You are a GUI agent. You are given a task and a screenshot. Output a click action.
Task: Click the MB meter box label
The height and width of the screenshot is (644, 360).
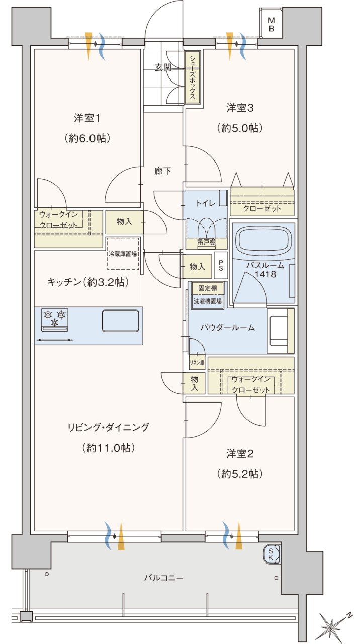[x=271, y=25]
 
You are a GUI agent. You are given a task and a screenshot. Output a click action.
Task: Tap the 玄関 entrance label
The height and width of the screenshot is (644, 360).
[x=163, y=68]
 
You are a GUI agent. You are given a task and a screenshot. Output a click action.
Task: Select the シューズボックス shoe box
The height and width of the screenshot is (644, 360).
[x=192, y=77]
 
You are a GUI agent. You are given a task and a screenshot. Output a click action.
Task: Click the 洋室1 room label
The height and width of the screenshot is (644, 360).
[x=87, y=118]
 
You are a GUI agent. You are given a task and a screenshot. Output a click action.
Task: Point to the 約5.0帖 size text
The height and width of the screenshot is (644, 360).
[x=240, y=128]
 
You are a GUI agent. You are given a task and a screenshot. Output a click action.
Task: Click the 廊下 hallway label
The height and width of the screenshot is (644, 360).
[x=163, y=171]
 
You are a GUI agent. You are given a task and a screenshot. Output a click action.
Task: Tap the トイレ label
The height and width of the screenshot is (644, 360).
[x=206, y=203]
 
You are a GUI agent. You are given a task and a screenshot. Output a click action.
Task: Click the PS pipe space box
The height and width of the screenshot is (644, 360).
[x=221, y=265]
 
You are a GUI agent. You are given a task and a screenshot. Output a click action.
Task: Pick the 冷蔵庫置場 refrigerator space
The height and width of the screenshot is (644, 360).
[x=123, y=253]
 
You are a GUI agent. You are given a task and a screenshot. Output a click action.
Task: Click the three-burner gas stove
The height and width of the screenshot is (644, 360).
[x=55, y=319]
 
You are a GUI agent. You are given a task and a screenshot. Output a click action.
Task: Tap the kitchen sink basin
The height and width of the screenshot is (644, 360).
[x=120, y=320]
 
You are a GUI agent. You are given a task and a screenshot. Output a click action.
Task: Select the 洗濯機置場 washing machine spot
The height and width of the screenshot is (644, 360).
[x=208, y=301]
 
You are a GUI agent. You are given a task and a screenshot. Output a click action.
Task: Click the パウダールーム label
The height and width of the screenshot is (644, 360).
[x=228, y=327]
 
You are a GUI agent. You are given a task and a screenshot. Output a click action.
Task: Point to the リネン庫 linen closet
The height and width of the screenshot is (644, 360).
[x=197, y=363]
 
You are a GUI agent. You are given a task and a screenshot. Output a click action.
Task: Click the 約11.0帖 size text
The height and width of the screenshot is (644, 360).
[x=108, y=448]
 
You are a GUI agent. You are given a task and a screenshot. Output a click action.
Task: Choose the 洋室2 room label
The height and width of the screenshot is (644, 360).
[x=240, y=454]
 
